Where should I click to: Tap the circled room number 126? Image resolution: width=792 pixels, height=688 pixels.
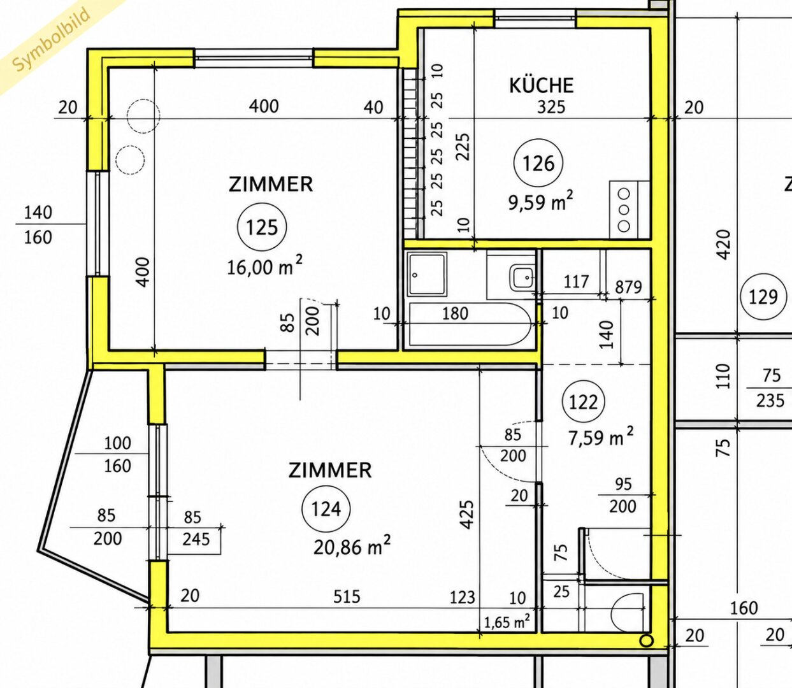click(x=538, y=163)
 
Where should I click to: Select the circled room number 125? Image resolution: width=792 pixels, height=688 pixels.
click(x=262, y=227)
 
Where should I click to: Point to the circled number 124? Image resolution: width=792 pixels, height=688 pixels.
click(x=326, y=509)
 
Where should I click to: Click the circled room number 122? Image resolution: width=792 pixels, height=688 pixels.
click(x=584, y=402)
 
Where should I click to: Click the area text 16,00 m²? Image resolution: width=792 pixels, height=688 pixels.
click(x=264, y=266)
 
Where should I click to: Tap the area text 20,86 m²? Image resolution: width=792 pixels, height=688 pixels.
click(x=352, y=545)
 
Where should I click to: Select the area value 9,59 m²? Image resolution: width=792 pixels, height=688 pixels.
click(x=541, y=201)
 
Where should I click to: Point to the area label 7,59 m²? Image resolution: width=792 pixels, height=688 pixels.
click(x=601, y=436)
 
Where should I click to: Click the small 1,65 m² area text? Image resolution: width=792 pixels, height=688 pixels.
click(x=507, y=622)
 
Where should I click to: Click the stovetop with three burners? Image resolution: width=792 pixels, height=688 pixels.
click(x=624, y=210)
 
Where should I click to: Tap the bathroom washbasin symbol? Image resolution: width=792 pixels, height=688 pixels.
click(x=522, y=278)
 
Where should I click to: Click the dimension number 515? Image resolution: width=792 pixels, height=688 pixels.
click(x=347, y=596)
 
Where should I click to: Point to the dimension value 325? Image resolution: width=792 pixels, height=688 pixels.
click(x=551, y=107)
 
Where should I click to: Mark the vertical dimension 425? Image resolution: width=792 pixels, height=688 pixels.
click(x=467, y=515)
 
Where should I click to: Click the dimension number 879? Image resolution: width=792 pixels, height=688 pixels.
click(x=629, y=287)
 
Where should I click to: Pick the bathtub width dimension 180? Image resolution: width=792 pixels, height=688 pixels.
click(x=455, y=313)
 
